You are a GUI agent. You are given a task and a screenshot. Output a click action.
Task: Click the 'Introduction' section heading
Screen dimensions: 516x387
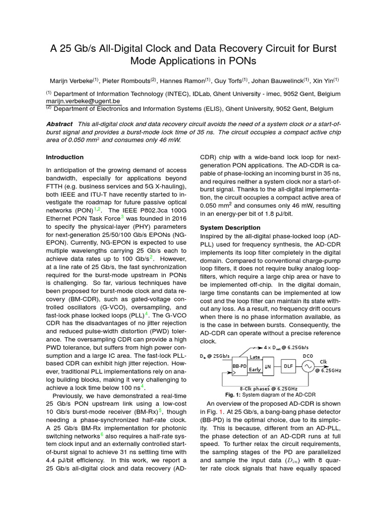[x=65, y=157]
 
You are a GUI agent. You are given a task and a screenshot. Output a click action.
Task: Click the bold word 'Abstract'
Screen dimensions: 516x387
[x=59, y=124]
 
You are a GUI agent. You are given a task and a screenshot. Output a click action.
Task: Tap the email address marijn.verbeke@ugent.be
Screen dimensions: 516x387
[x=83, y=101]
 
